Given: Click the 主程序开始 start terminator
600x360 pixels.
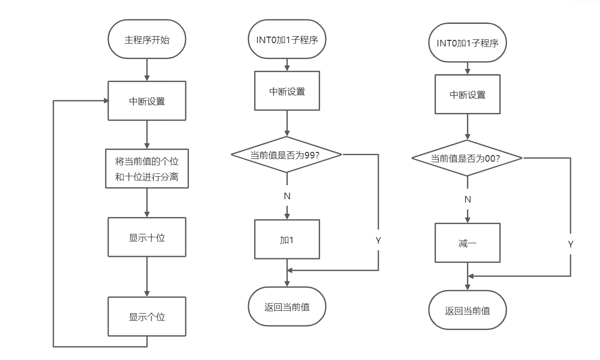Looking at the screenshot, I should click(147, 39).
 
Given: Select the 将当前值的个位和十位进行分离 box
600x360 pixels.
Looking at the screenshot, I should click(147, 169).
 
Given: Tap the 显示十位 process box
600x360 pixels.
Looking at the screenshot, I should click(147, 237).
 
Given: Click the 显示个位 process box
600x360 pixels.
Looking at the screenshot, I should click(147, 316).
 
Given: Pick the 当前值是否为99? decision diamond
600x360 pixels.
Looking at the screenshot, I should click(286, 155).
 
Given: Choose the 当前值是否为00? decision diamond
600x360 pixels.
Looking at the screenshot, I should click(467, 158).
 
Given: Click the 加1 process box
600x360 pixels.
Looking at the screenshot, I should click(287, 240).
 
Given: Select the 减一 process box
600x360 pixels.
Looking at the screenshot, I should click(467, 243).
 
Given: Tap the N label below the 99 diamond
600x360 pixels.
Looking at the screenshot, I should click(287, 196).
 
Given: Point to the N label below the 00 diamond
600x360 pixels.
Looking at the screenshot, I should click(467, 199).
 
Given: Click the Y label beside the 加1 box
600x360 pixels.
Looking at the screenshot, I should click(378, 240).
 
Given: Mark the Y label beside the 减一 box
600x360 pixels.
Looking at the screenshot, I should click(570, 244).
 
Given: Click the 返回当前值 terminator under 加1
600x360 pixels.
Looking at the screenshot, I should click(287, 307).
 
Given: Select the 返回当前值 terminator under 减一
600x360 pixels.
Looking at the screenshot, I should click(467, 310).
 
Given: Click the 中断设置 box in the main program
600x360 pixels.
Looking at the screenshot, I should click(147, 101).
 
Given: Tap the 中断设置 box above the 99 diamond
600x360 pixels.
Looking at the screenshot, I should click(287, 91).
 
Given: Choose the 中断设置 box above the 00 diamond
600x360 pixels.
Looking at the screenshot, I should click(467, 95).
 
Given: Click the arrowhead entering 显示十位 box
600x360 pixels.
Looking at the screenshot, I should click(147, 214).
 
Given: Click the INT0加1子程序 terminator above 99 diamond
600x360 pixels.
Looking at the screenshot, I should click(287, 39).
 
